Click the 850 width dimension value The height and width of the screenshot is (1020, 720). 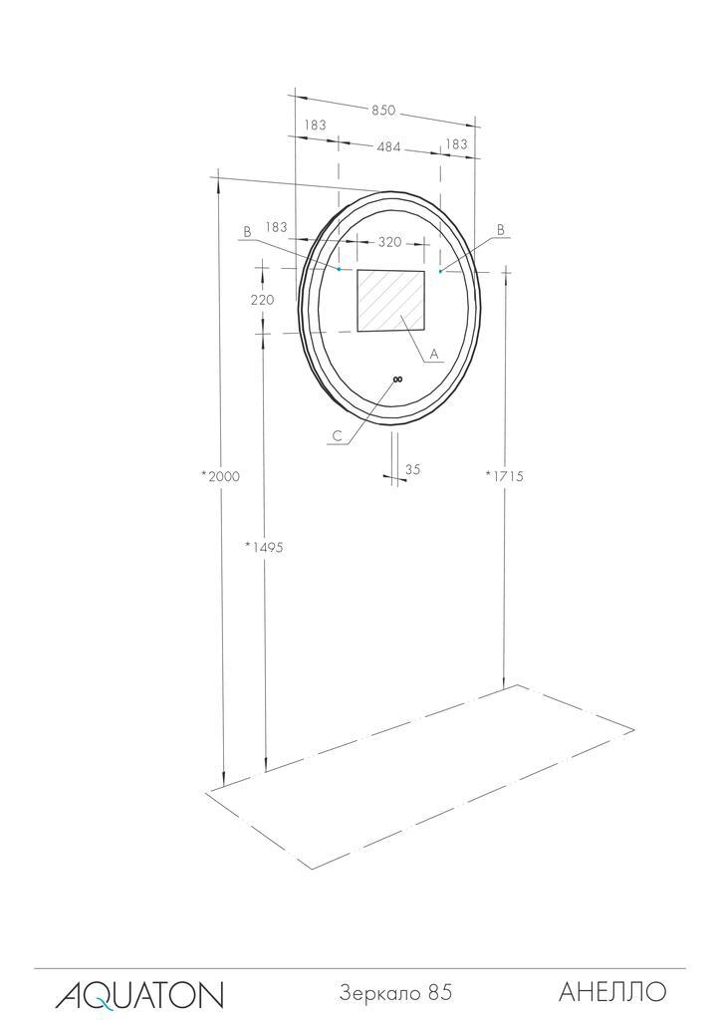(383, 110)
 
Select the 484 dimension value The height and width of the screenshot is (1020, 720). (388, 146)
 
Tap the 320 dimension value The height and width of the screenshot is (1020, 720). (389, 242)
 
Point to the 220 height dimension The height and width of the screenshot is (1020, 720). (262, 300)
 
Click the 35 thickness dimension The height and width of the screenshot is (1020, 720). (413, 469)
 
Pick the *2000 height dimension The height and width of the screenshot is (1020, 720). (220, 476)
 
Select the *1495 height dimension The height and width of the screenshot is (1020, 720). (264, 548)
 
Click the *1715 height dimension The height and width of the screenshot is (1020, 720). (504, 476)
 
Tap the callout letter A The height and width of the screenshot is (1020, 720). (434, 354)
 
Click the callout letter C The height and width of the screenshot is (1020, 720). (337, 436)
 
